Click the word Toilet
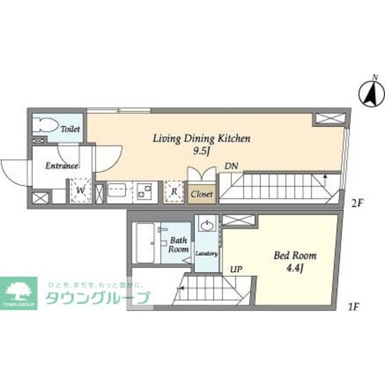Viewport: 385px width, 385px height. pyautogui.click(x=71, y=129)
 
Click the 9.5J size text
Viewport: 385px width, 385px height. pyautogui.click(x=201, y=150)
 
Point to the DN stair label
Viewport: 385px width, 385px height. pyautogui.click(x=231, y=165)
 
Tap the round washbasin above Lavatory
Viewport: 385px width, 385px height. pyautogui.click(x=208, y=227)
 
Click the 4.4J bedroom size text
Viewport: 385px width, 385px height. pyautogui.click(x=295, y=268)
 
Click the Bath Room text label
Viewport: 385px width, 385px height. pyautogui.click(x=179, y=244)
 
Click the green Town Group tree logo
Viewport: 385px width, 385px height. pyautogui.click(x=19, y=292)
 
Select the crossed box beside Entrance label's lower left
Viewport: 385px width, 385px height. pyautogui.click(x=39, y=197)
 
